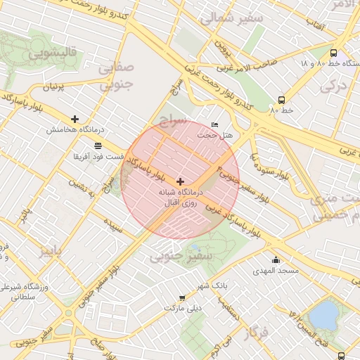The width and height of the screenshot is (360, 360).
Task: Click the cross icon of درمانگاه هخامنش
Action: coord(75,119)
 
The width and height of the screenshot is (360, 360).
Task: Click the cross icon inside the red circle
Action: coord(180,181)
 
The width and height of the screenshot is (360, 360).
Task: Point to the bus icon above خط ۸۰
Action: coord(281,100)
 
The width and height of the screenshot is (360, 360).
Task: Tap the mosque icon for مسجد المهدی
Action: coord(276,260)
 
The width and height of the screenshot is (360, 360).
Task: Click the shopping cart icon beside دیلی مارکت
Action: coord(182,298)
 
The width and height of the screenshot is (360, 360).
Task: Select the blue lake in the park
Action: coord(323,314)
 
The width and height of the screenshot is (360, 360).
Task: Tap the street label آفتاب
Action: coord(314,27)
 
